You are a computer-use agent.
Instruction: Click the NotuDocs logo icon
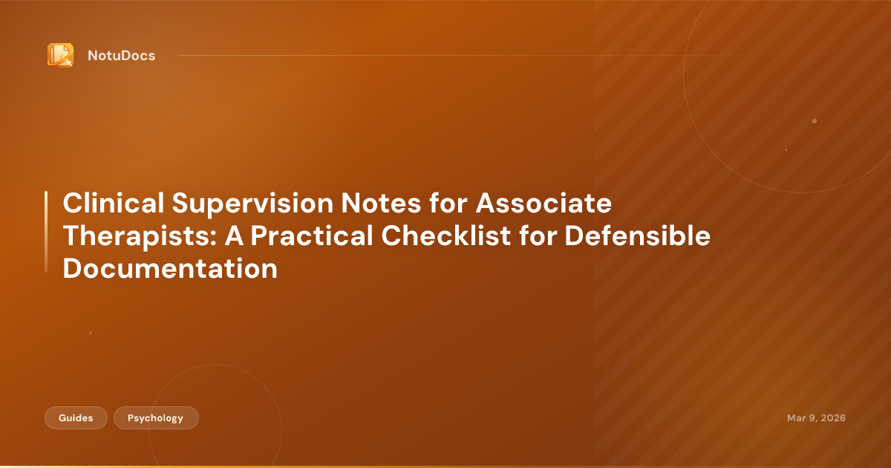[60, 55]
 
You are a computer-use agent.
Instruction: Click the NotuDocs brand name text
[121, 56]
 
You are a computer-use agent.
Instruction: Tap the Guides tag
[76, 418]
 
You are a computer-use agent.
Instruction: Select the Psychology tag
[155, 418]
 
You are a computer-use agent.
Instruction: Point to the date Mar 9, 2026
[816, 418]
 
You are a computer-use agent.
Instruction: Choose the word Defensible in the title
[637, 235]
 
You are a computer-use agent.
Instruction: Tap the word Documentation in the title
[170, 268]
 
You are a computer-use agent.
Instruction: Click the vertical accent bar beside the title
[46, 231]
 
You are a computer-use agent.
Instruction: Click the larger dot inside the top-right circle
[815, 121]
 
